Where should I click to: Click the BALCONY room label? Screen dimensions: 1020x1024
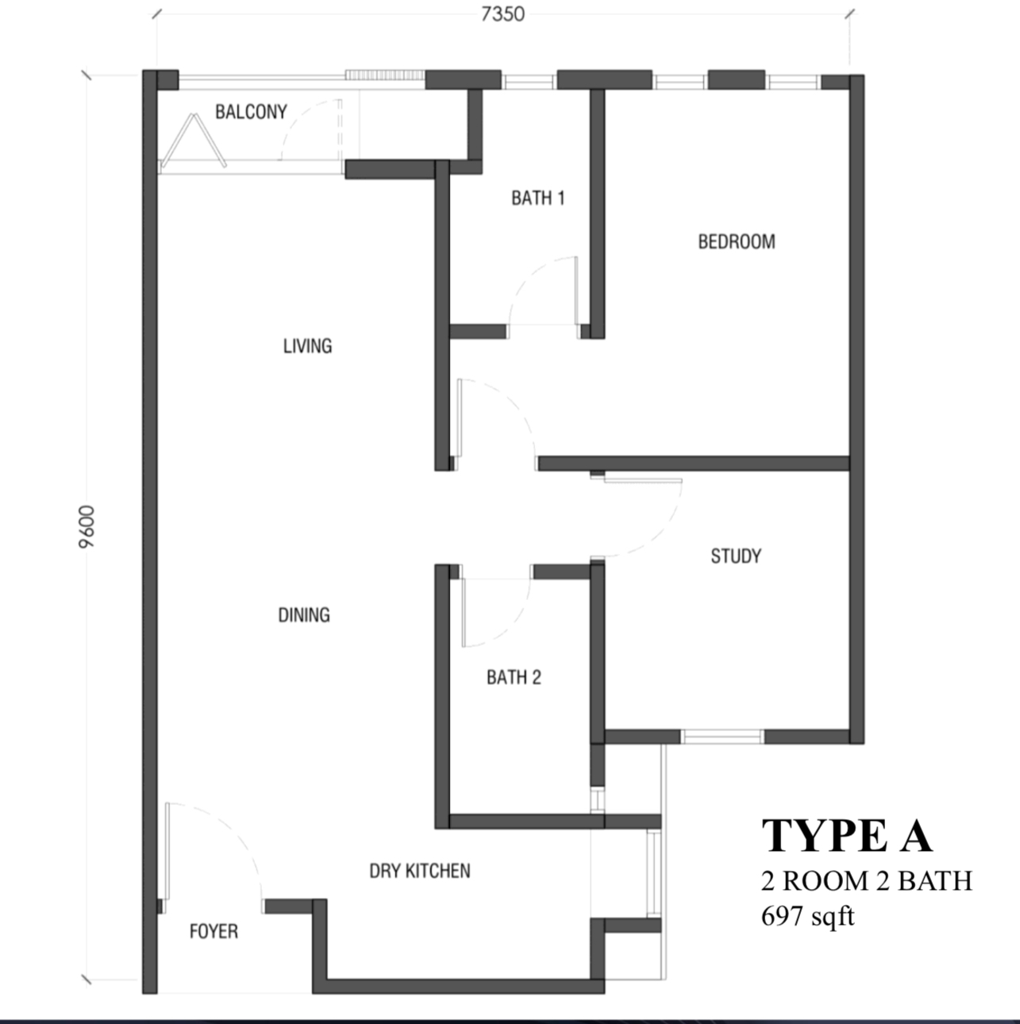[251, 112]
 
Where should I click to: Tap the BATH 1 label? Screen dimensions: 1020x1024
[538, 198]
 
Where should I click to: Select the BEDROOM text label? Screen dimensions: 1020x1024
[736, 242]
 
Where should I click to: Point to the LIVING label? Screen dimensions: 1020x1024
[307, 346]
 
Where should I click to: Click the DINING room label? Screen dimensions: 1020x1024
[304, 615]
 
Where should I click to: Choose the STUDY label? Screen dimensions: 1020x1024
[736, 556]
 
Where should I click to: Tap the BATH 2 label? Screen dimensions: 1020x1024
[514, 677]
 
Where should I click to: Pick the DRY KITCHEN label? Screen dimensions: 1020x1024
[420, 871]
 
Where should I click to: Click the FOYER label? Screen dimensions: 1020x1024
[214, 931]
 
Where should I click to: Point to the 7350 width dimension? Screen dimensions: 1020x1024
[502, 14]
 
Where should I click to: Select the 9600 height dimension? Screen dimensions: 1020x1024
[87, 526]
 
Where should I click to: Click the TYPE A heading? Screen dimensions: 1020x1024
[847, 837]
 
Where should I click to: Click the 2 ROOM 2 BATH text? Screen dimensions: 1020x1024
[866, 880]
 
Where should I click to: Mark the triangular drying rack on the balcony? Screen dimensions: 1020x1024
[194, 141]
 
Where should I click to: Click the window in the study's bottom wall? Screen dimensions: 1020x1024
[722, 737]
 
